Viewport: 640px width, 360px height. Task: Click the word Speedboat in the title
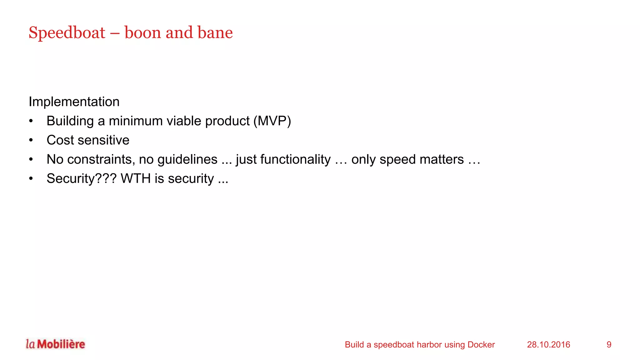pyautogui.click(x=67, y=33)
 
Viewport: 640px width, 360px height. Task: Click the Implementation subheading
pyautogui.click(x=74, y=102)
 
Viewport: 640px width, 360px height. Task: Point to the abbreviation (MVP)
pyautogui.click(x=272, y=121)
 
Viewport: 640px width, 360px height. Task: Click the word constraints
pyautogui.click(x=100, y=159)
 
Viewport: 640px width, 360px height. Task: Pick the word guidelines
pyautogui.click(x=187, y=159)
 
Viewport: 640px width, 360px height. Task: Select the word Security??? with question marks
pyautogui.click(x=82, y=179)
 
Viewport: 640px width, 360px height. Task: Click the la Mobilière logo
pyautogui.click(x=55, y=344)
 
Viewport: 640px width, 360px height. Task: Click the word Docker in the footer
pyautogui.click(x=481, y=345)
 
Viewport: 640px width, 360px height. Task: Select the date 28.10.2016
pyautogui.click(x=548, y=345)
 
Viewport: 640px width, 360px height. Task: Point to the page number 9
pyautogui.click(x=609, y=345)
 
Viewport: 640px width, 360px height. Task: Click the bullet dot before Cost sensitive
pyautogui.click(x=31, y=140)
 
